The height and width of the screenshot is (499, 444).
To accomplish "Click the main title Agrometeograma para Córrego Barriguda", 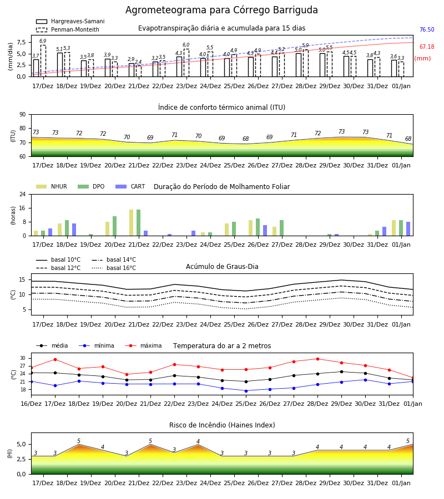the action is click(221, 10).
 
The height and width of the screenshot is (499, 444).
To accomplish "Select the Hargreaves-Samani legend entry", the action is click(70, 21).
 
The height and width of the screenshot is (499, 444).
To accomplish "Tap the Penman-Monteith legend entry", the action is click(68, 29).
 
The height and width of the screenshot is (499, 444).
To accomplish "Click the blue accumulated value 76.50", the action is click(427, 29).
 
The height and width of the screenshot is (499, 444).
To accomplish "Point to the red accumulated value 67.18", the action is click(427, 47).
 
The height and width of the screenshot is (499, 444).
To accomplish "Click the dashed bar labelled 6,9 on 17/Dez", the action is click(43, 61).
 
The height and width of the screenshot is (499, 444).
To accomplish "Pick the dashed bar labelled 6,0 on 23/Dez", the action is click(186, 63).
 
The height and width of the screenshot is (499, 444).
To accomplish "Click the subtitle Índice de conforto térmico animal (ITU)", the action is click(221, 107).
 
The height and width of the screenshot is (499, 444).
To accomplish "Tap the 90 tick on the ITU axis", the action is click(23, 115).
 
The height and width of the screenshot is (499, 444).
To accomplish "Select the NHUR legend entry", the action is click(52, 186).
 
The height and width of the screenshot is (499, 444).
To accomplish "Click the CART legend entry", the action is click(130, 186).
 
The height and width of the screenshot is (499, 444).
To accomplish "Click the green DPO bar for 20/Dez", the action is click(115, 226).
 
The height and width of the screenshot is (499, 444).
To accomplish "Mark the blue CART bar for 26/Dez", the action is click(265, 231).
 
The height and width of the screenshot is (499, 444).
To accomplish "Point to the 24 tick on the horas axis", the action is click(23, 194).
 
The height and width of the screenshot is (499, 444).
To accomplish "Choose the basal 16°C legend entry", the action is click(114, 268).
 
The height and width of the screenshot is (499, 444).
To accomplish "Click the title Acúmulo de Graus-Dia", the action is click(222, 266).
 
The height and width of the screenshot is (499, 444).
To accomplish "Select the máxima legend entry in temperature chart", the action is click(143, 345).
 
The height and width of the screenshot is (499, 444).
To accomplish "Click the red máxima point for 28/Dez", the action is click(317, 359).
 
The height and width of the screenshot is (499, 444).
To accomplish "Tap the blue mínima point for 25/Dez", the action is click(246, 391).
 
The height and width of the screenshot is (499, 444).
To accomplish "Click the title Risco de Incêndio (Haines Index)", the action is click(222, 425).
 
